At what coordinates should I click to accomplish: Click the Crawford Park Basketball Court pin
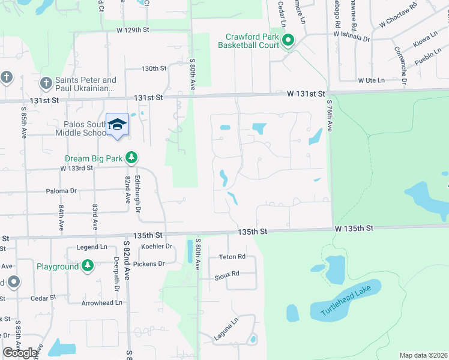tap(288, 41)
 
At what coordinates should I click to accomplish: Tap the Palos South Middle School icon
tap(117, 125)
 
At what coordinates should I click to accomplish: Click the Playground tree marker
tap(88, 266)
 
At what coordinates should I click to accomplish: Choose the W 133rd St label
tap(77, 168)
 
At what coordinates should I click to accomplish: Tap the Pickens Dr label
tap(152, 264)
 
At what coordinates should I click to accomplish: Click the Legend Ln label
tap(92, 247)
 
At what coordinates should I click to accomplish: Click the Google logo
tap(20, 353)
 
